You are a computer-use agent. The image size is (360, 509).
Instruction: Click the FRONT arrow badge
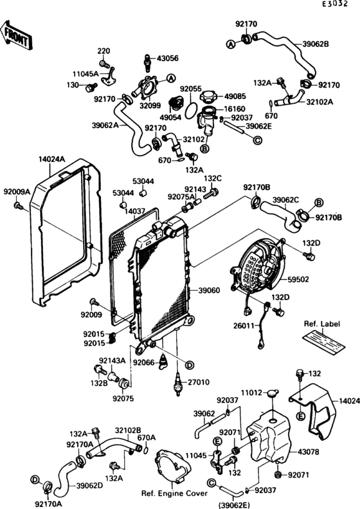pyautogui.click(x=16, y=34)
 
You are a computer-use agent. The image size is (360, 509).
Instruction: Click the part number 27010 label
pyautogui.click(x=198, y=382)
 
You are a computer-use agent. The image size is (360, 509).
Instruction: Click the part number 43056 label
pyautogui.click(x=168, y=58)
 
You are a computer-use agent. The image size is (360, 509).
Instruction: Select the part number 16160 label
pyautogui.click(x=235, y=109)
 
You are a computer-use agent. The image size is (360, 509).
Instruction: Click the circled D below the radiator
pyautogui.click(x=189, y=365)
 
